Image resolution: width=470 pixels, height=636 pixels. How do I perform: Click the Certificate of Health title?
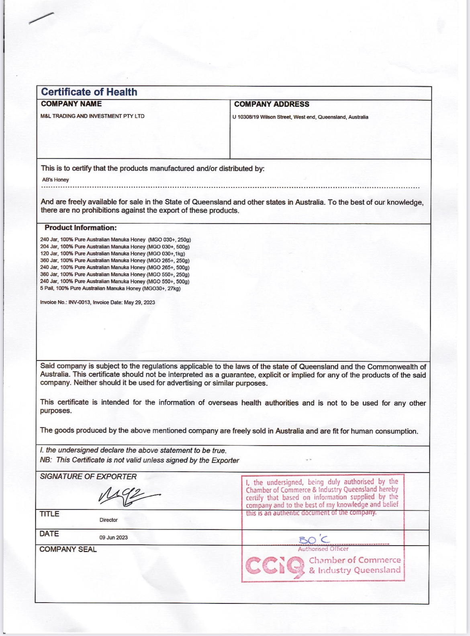point(89,92)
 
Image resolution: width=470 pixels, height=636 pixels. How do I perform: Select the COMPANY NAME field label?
point(71,104)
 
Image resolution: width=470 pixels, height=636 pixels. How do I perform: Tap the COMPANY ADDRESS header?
point(272,104)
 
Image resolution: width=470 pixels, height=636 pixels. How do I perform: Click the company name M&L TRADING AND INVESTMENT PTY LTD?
point(92,116)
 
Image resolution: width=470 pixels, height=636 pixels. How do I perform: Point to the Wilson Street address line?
point(300,117)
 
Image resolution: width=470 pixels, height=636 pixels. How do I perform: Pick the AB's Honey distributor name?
point(55,180)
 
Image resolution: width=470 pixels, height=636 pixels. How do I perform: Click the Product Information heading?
point(80,228)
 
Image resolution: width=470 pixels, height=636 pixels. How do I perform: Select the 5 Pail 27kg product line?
point(110,288)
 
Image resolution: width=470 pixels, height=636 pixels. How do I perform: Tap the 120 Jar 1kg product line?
point(112,253)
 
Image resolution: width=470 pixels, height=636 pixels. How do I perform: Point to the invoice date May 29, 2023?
point(139,302)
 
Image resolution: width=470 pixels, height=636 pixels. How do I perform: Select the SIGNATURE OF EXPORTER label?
point(88,477)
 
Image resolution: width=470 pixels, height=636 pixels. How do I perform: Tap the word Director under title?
point(108,520)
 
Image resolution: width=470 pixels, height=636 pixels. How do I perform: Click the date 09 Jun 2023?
point(113,538)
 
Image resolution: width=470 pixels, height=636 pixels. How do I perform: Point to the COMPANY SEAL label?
point(68,549)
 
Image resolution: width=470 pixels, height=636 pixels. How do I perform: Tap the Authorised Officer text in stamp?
point(323,549)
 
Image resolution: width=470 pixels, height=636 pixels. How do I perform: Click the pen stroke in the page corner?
point(41,18)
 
